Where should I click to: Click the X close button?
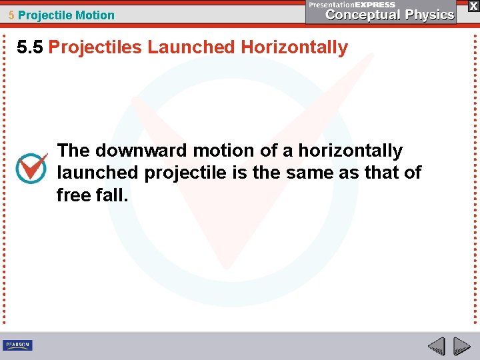click(473, 5)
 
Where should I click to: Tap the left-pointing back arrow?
click(436, 346)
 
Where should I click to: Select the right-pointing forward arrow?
click(461, 346)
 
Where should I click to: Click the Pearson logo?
click(17, 345)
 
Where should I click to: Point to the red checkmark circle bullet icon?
click(31, 168)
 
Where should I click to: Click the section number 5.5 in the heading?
click(31, 47)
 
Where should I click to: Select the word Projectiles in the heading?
click(95, 47)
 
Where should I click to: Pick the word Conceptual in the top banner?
click(361, 15)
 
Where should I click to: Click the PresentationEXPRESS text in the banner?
click(352, 4)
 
